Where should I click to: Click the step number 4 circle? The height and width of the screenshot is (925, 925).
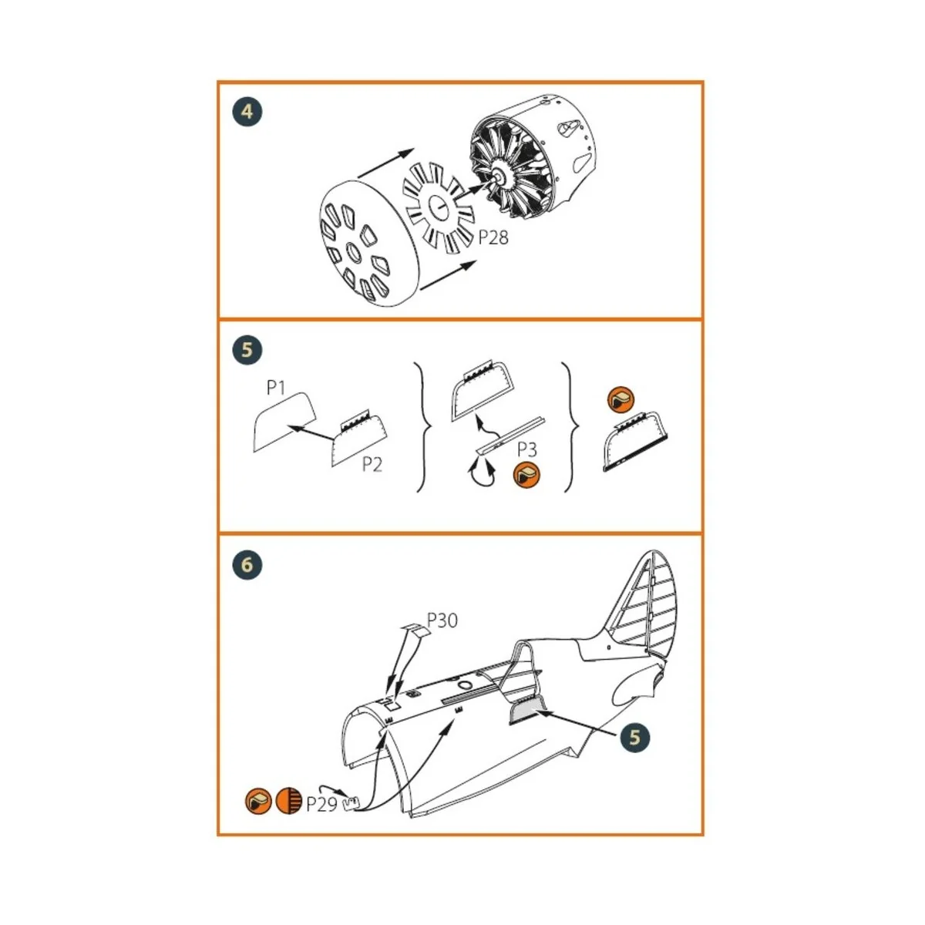pyautogui.click(x=247, y=112)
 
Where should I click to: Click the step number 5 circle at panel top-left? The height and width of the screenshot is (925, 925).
pyautogui.click(x=247, y=350)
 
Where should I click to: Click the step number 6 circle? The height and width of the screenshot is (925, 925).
pyautogui.click(x=247, y=565)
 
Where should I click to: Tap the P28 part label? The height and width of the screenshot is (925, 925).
pyautogui.click(x=493, y=237)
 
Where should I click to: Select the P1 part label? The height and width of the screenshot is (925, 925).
pyautogui.click(x=276, y=387)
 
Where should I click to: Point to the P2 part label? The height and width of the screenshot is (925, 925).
pyautogui.click(x=372, y=465)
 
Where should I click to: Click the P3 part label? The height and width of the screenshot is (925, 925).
pyautogui.click(x=527, y=449)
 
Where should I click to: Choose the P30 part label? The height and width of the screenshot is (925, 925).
pyautogui.click(x=442, y=620)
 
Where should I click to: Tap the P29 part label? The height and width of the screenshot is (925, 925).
pyautogui.click(x=321, y=803)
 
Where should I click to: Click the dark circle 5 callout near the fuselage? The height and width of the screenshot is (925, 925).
pyautogui.click(x=634, y=737)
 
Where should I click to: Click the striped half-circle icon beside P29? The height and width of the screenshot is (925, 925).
pyautogui.click(x=289, y=802)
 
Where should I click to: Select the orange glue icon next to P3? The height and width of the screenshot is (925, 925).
pyautogui.click(x=527, y=475)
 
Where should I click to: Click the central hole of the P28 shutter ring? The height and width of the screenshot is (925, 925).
pyautogui.click(x=438, y=207)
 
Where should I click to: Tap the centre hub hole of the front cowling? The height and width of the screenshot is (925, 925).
pyautogui.click(x=353, y=251)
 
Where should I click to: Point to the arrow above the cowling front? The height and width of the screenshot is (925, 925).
pyautogui.click(x=385, y=164)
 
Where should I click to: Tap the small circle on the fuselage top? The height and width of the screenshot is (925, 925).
pyautogui.click(x=465, y=685)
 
